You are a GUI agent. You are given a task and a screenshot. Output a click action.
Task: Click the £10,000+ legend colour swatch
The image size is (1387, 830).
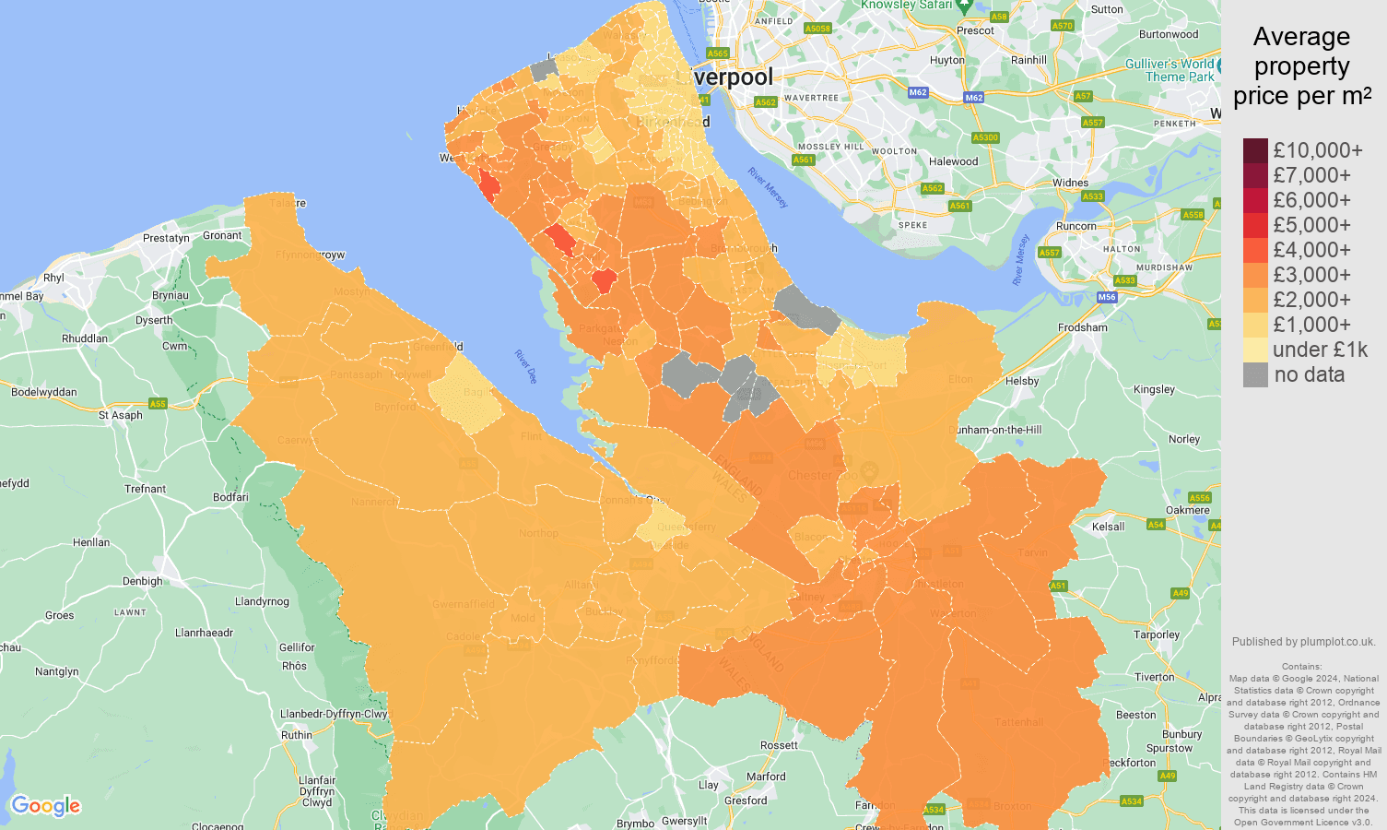click(x=1255, y=150)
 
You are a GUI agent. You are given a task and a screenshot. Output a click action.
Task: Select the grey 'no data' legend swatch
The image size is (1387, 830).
click(x=1255, y=374)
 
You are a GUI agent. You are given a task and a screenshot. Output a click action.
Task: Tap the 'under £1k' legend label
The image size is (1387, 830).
click(x=1320, y=350)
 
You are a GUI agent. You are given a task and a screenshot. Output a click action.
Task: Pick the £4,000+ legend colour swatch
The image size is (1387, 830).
click(x=1255, y=250)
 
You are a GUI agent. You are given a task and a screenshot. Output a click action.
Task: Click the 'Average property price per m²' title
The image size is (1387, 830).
click(x=1301, y=66)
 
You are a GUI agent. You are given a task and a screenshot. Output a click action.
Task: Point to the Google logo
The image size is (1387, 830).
click(x=46, y=806)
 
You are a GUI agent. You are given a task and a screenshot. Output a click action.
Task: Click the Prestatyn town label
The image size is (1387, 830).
click(x=166, y=238)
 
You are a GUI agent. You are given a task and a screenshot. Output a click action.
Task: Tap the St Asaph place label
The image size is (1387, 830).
click(x=121, y=415)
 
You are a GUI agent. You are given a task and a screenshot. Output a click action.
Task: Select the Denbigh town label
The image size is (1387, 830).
click(x=142, y=581)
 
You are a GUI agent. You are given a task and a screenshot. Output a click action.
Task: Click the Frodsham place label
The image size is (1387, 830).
click(x=1083, y=327)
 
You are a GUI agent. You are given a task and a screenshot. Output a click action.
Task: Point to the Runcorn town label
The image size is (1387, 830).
click(x=1076, y=226)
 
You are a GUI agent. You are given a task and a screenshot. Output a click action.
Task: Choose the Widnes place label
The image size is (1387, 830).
click(x=1070, y=183)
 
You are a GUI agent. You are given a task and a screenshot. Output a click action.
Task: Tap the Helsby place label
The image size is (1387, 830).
click(x=1022, y=381)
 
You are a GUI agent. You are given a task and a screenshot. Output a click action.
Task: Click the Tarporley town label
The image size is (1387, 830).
click(x=1157, y=634)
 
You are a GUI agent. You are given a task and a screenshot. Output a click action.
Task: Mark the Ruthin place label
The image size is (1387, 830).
click(x=297, y=735)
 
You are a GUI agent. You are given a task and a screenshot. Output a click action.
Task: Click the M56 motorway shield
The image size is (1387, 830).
click(x=1107, y=297)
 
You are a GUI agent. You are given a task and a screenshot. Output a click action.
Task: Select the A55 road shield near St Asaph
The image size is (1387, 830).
click(x=158, y=404)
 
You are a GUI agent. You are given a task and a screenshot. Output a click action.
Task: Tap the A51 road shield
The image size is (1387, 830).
click(x=1058, y=586)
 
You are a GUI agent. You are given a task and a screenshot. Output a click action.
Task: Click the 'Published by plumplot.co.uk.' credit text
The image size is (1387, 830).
click(x=1303, y=642)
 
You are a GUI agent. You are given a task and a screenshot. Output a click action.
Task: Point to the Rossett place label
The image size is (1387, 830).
click(x=779, y=745)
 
